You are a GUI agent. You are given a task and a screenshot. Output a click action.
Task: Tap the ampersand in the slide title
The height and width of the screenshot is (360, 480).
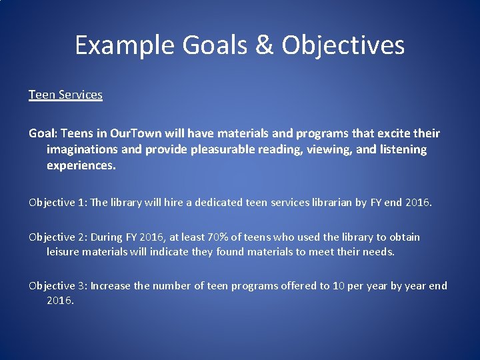point(263,45)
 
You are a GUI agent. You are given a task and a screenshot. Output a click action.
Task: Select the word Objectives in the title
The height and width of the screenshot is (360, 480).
point(343,45)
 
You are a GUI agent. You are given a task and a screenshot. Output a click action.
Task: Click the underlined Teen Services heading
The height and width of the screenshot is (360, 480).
point(65,95)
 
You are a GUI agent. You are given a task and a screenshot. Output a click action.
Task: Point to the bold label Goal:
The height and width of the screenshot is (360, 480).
point(44,133)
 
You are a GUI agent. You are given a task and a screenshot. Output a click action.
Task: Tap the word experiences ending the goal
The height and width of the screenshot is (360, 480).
point(81,165)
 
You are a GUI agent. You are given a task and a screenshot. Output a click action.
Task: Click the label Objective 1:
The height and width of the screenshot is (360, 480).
point(57,202)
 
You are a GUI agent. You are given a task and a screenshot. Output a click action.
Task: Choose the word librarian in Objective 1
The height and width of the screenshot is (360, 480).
point(325,202)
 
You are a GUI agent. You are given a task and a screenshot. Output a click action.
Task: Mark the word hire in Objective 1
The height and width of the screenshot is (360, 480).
point(177,202)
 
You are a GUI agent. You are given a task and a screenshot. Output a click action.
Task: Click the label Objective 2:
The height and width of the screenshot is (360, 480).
point(57,237)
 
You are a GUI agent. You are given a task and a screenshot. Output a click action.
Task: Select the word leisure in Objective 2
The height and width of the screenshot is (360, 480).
point(63,251)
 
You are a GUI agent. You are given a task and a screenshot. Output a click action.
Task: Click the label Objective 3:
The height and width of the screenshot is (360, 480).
point(57,285)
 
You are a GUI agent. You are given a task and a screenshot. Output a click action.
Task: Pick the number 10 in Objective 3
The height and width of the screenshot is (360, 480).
point(339,285)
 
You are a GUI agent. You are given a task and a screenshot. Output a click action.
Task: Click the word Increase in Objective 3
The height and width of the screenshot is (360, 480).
point(111,285)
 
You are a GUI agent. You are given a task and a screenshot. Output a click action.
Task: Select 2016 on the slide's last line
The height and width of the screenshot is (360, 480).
point(60,300)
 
